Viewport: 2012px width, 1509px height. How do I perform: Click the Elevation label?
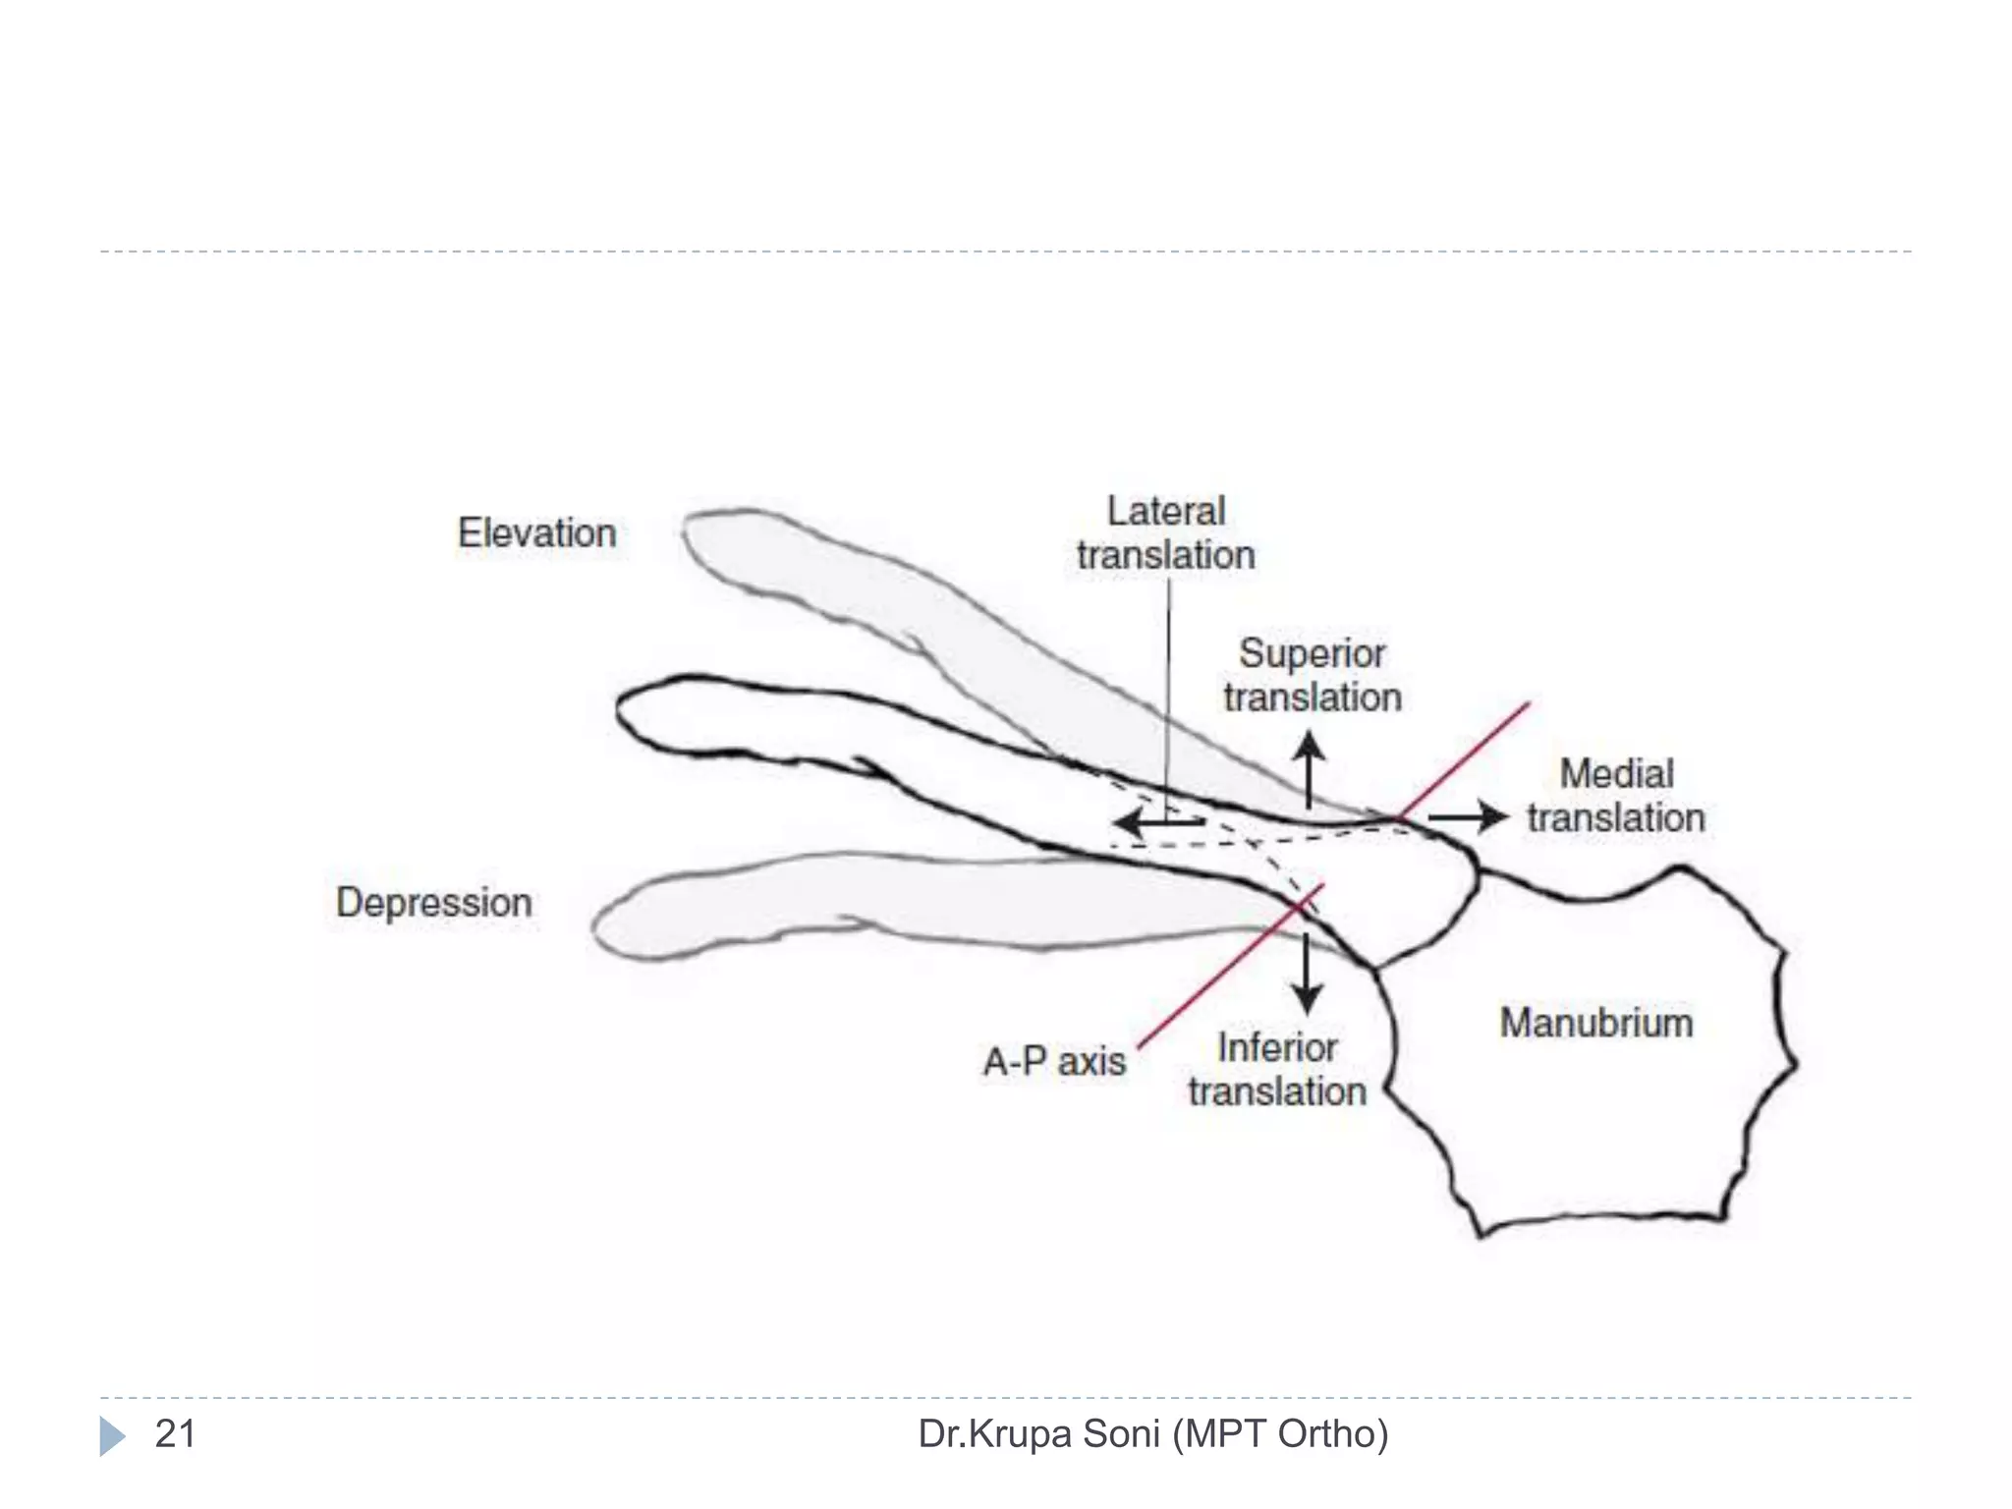pos(536,533)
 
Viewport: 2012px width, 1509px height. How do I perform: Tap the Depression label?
pos(433,902)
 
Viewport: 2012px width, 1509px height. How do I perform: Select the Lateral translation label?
pos(1165,533)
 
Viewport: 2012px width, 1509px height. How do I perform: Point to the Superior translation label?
pos(1312,675)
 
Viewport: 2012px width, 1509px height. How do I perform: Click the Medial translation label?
pos(1615,796)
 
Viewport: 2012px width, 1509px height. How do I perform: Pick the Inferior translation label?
pos(1276,1069)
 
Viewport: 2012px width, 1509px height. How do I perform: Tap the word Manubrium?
pos(1595,1023)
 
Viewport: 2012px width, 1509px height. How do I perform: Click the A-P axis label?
pos(1054,1061)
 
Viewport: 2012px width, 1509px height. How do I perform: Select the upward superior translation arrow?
pos(1309,770)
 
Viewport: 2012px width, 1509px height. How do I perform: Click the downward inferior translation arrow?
pos(1306,973)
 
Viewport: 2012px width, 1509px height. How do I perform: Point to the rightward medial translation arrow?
pos(1469,816)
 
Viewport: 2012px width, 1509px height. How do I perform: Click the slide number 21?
pos(175,1433)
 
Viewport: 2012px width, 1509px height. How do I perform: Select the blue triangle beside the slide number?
pos(112,1435)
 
